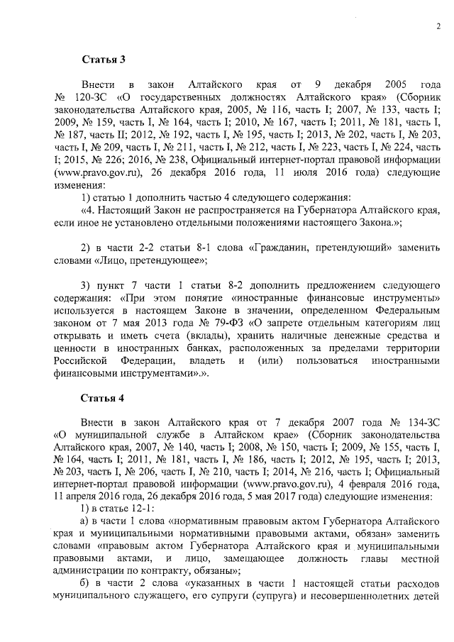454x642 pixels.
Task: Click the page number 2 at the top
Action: tap(438, 27)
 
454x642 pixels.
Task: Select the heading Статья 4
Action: tap(103, 395)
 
